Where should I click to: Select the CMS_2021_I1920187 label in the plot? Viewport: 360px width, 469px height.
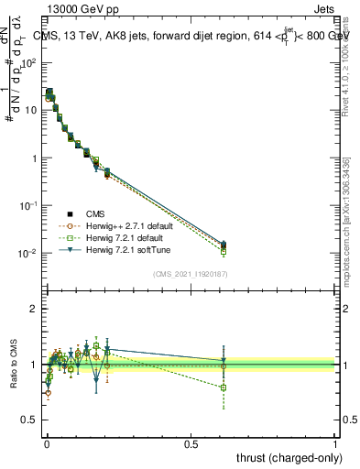[x=190, y=274]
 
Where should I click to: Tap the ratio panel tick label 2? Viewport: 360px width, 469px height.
[x=34, y=309]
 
